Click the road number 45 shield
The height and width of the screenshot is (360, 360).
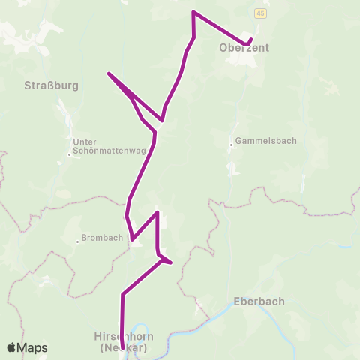pos(259,13)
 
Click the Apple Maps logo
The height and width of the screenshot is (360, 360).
pos(12,347)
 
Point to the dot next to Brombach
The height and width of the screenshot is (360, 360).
pos(77,241)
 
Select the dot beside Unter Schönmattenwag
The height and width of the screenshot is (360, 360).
pos(69,154)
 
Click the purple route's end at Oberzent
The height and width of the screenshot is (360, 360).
pos(250,40)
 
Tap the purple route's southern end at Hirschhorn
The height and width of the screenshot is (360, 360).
pos(122,349)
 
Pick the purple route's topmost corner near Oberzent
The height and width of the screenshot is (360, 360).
pos(194,12)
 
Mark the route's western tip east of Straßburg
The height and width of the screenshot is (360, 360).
pos(109,73)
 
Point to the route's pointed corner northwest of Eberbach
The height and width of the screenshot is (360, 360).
pos(172,262)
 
